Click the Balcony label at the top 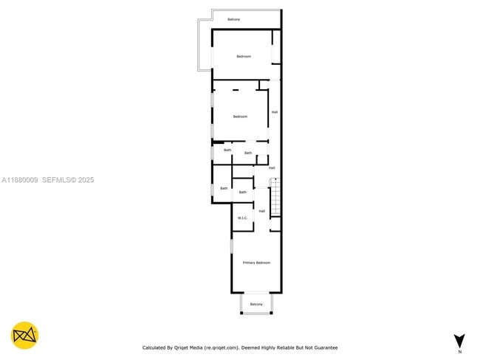[233, 19]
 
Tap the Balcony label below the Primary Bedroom [256, 304]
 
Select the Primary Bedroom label [256, 263]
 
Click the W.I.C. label [242, 218]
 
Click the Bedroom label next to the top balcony [244, 57]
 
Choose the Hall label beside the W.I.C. [261, 211]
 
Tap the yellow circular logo [25, 335]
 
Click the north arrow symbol [459, 340]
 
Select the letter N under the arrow [459, 353]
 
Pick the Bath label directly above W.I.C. [242, 192]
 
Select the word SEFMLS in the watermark [55, 179]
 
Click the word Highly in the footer [264, 347]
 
